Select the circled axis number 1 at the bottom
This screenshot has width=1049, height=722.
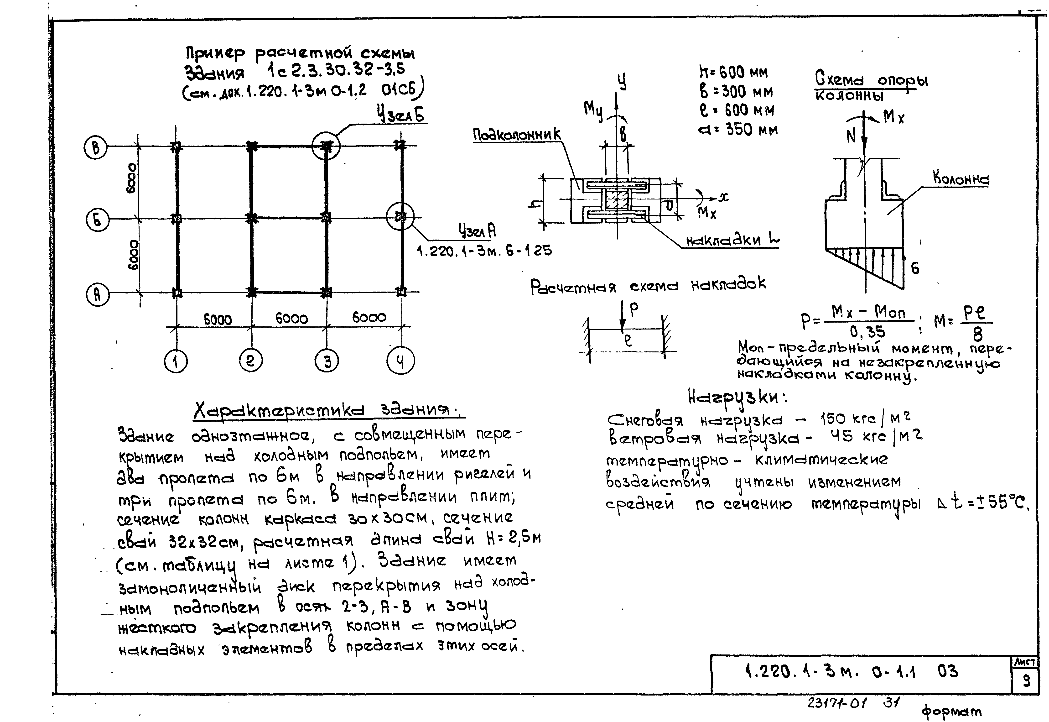coord(176,361)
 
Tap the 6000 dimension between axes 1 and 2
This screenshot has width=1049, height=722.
coord(218,319)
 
